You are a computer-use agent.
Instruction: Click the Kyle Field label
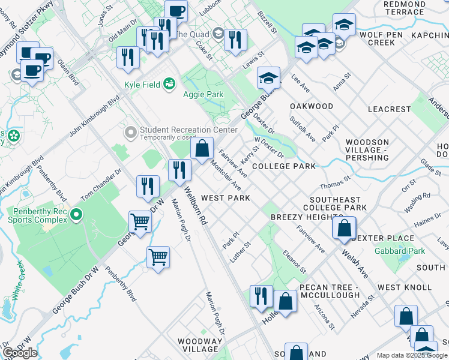click(142, 85)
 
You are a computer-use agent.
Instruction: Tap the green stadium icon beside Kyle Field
click(170, 84)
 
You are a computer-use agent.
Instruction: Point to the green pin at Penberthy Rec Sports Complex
click(76, 215)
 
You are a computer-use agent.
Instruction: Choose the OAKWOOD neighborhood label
click(312, 106)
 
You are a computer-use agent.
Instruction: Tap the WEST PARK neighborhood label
click(225, 198)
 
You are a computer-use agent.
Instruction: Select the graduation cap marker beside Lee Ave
click(268, 77)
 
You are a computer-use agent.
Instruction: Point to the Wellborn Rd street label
click(196, 207)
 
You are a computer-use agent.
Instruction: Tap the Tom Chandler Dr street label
click(101, 185)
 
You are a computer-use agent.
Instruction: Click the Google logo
click(20, 353)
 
